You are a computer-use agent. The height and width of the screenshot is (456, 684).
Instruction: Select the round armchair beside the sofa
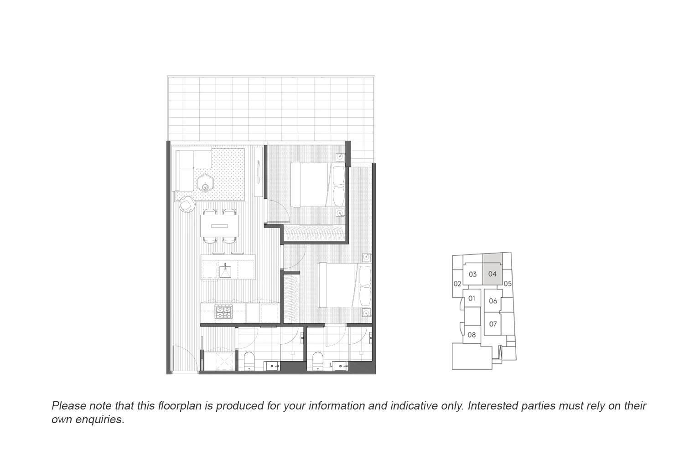point(187,203)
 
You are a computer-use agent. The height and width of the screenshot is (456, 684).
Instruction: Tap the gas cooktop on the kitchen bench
point(223,312)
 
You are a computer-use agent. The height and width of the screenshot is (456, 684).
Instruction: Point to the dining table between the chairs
point(219,226)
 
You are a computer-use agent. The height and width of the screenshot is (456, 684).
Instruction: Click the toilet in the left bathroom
point(249,361)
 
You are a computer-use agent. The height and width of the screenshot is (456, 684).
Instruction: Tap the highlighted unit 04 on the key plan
point(492,275)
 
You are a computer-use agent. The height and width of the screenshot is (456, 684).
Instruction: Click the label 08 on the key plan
point(472,335)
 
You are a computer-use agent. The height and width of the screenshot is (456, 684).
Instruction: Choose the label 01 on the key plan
point(472,299)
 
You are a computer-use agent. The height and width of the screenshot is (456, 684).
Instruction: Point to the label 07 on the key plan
point(493,324)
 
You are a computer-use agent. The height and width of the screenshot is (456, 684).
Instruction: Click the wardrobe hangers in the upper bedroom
point(315,234)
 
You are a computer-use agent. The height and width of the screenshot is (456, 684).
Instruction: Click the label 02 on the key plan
point(457,284)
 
